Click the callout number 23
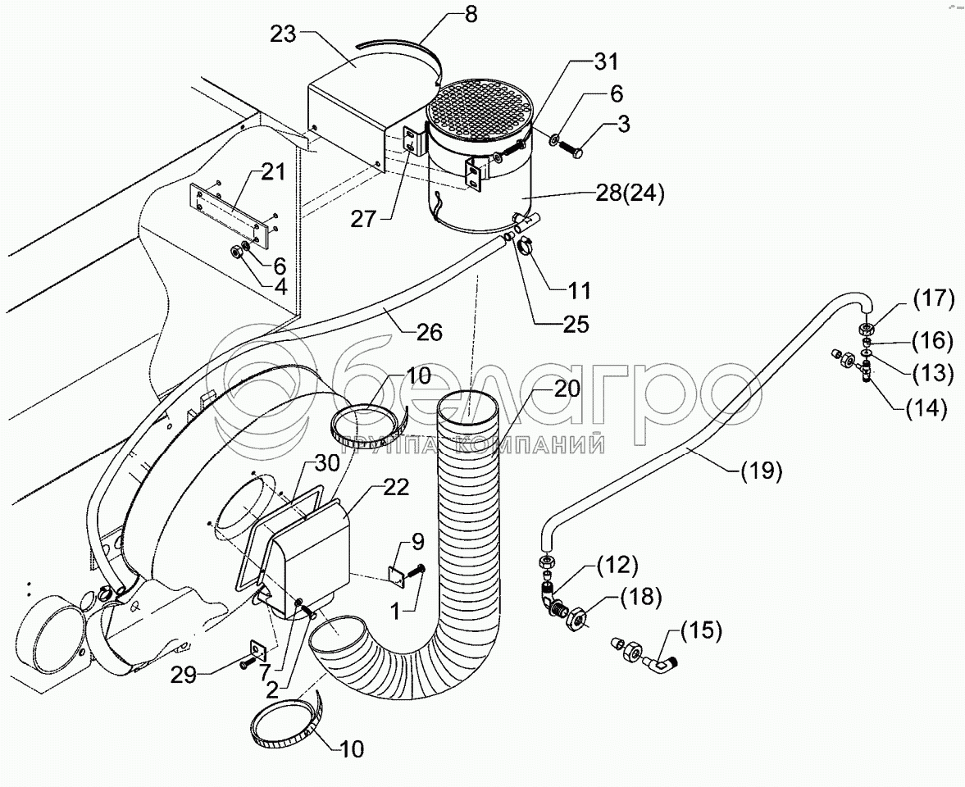point(284,34)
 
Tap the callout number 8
point(470,14)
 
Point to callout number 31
point(606,62)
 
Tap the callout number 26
point(429,332)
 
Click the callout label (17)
point(932,300)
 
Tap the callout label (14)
point(926,407)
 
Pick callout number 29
point(184,675)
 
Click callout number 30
point(326,462)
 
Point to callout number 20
point(567,389)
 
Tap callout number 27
point(364,218)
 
